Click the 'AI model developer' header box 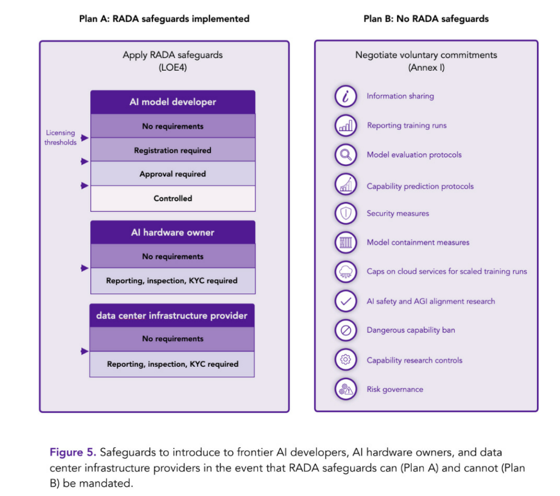point(173,102)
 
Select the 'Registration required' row point(173,150)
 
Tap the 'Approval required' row point(173,174)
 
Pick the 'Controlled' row point(173,198)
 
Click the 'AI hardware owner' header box point(173,233)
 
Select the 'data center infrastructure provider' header point(172,316)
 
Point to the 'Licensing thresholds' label point(60,137)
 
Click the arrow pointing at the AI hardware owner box point(84,268)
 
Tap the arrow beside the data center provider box point(84,351)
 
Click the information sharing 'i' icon point(346,96)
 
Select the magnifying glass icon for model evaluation point(346,155)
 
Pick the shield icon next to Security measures point(346,214)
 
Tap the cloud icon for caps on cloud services point(346,272)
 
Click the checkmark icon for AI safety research point(346,301)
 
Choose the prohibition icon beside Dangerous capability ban point(346,331)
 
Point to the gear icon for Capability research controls point(346,360)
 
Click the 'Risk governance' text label point(395,390)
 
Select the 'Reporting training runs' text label point(406,125)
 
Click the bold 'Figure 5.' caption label point(73,453)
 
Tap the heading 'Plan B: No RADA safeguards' point(426,19)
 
